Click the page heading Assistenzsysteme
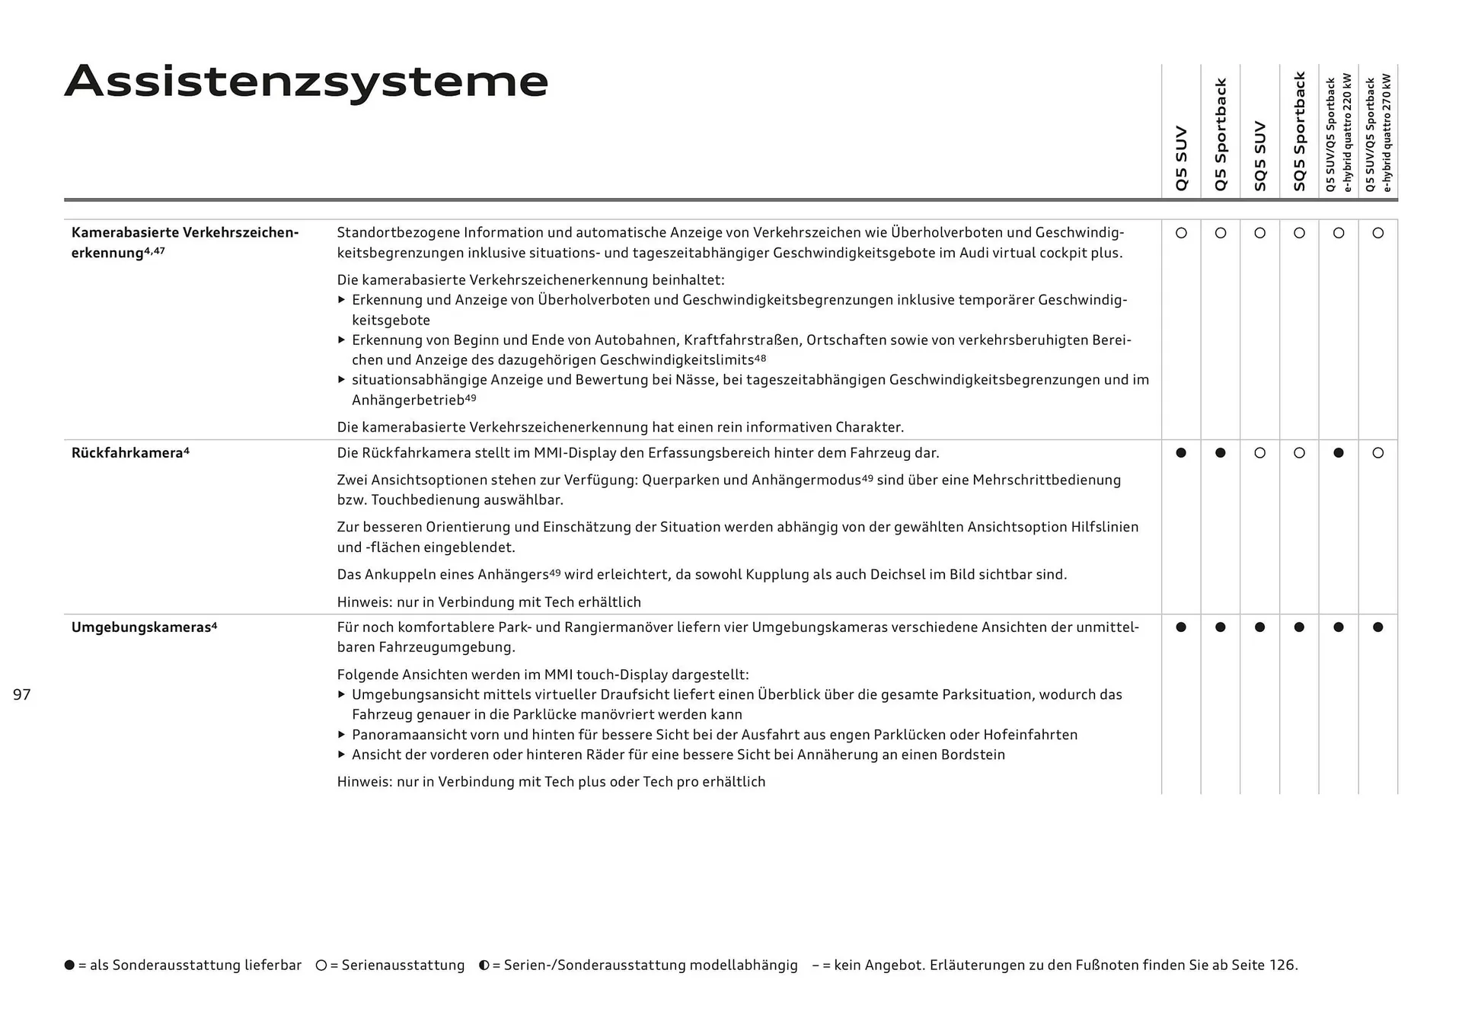tap(306, 81)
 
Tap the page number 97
tap(22, 694)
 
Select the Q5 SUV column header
tap(1181, 158)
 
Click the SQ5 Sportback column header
tap(1299, 131)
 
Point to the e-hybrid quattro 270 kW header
tap(1378, 133)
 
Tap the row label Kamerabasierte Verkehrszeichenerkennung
tap(184, 242)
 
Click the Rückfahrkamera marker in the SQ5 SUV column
tap(1259, 453)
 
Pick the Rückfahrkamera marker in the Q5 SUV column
tap(1181, 453)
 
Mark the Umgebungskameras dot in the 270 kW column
tap(1377, 627)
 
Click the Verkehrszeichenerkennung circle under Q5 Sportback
tap(1221, 233)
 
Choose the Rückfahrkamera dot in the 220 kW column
tap(1339, 453)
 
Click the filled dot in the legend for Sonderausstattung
tap(70, 965)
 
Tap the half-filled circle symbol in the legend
tap(484, 965)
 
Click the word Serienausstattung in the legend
tap(403, 965)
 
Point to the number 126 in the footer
tap(1282, 965)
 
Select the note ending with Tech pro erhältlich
tap(551, 782)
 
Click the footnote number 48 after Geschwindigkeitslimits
tap(760, 358)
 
